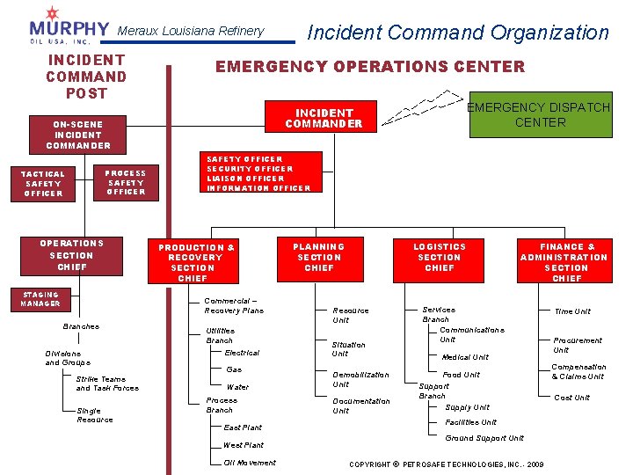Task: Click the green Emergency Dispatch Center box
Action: point(540,115)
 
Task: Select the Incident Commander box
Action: point(324,119)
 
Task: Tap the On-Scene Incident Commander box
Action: point(78,135)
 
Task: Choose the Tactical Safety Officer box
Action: point(44,183)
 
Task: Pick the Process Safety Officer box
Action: point(126,182)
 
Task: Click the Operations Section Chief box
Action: point(72,255)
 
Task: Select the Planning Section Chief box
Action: point(319,257)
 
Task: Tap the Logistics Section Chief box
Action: point(440,257)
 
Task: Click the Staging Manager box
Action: point(41,299)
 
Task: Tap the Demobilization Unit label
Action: point(360,379)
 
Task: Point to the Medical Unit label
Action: point(465,357)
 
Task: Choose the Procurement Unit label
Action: point(577,345)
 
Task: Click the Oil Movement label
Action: point(250,463)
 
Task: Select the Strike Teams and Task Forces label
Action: point(107,384)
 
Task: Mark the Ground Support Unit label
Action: point(484,438)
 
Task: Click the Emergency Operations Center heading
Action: point(370,67)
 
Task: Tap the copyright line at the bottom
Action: point(447,464)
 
